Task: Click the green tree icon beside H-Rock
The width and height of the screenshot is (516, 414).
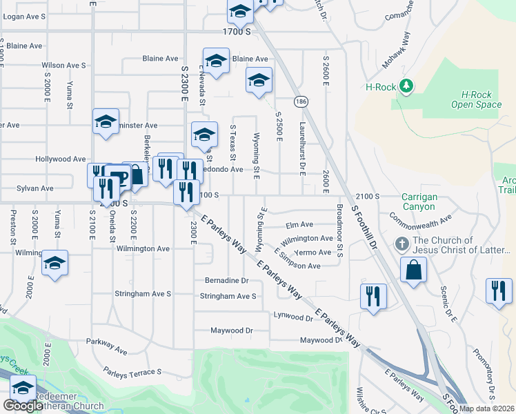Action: coord(407,86)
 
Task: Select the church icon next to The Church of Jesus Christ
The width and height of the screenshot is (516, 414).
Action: coord(401,245)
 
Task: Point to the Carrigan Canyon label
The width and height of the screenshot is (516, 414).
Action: coord(419,201)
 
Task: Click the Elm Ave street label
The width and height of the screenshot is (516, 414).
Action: coord(299,224)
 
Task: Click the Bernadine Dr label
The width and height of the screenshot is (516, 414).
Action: coord(226,281)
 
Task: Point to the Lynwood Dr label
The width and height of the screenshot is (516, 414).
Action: coord(293,317)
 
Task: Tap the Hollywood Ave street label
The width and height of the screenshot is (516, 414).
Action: coord(64,159)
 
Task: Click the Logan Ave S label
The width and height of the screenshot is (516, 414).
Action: coord(25,16)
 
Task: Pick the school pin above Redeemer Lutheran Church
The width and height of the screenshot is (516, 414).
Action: coord(23,390)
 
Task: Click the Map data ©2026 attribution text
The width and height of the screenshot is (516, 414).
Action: coord(487,408)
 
